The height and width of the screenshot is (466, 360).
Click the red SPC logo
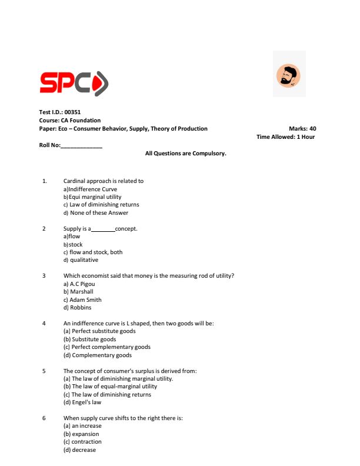pos(74,83)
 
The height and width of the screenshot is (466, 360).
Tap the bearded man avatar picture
pos(288,74)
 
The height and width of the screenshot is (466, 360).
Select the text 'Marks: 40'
pos(302,128)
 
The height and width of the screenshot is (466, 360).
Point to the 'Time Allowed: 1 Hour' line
pos(285,137)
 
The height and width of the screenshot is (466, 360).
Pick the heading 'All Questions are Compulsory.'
pos(185,153)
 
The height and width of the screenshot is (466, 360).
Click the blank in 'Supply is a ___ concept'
pos(103,228)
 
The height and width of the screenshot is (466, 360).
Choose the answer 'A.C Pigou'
pos(82,284)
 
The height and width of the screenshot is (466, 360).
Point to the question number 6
pos(44,418)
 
